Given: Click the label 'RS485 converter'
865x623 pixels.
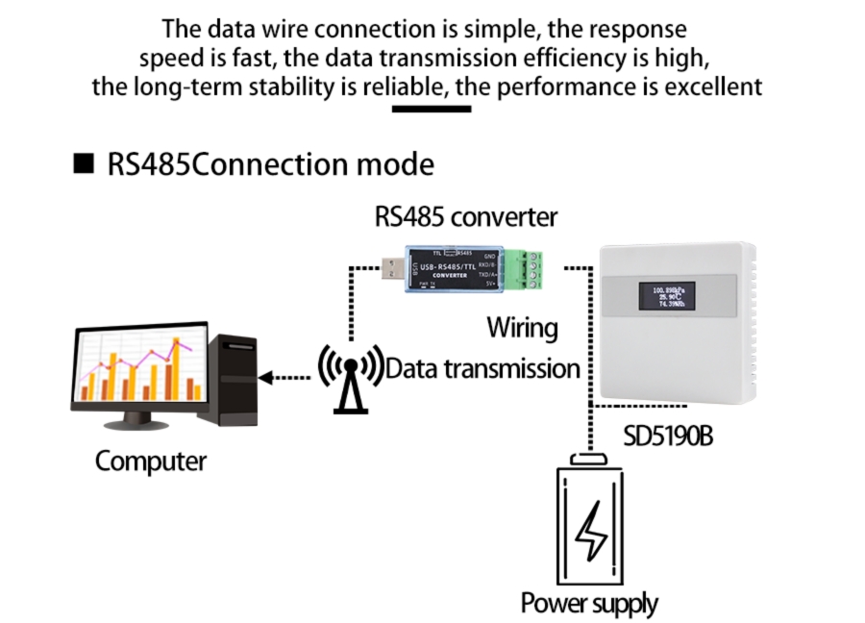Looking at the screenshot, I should (465, 216).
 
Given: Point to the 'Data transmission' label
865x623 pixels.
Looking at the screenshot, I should (482, 368).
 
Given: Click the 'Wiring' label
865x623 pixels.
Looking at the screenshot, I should (522, 327).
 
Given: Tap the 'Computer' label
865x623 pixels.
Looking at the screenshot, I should (150, 461).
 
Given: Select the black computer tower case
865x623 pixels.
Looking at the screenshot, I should (235, 379).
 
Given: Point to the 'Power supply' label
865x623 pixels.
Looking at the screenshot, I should (589, 604).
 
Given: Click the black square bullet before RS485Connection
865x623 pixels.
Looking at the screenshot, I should (84, 163).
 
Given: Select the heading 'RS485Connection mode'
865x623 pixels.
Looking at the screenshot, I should (270, 163).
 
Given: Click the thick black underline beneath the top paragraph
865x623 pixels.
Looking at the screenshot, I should (432, 109).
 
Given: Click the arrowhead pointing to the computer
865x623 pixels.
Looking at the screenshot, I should (268, 378).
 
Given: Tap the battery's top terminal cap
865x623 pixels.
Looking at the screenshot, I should (586, 459).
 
